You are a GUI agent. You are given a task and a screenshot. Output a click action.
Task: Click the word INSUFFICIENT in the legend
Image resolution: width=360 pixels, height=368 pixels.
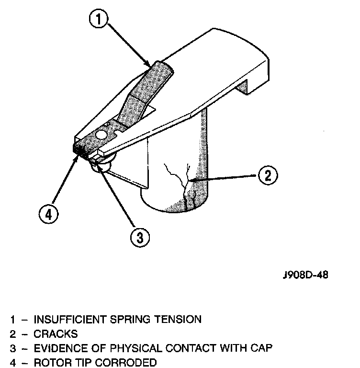69,319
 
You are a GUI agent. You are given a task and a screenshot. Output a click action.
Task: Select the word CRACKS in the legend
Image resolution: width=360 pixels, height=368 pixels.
56,333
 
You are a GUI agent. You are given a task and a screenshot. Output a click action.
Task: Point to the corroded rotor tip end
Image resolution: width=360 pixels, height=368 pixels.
78,150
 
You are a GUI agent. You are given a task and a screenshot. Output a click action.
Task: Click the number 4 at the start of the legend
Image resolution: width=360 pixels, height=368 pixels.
13,363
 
